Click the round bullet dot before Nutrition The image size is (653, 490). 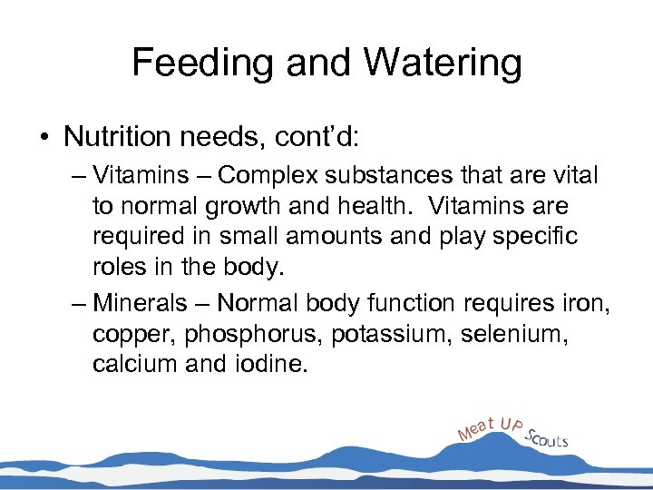tap(44, 138)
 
